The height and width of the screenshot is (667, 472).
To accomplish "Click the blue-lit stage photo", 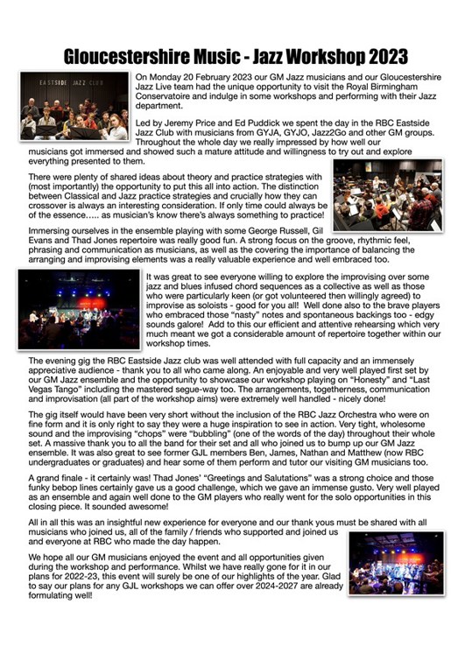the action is point(79,310).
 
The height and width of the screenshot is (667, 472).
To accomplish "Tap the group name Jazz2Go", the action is point(328,137).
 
